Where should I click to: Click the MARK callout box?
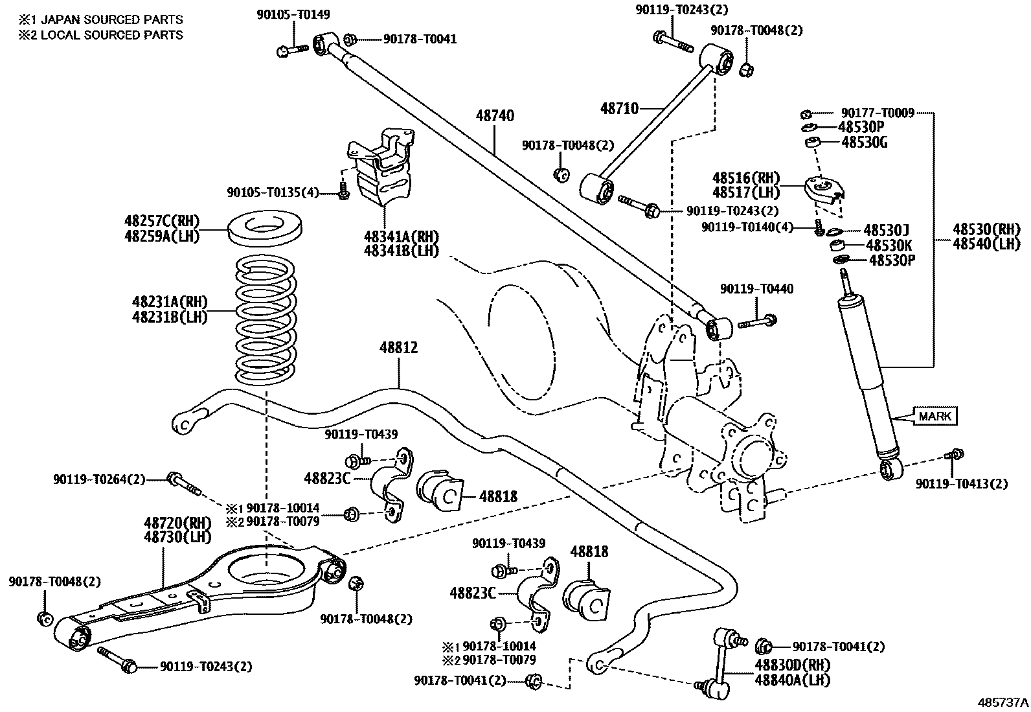(935, 416)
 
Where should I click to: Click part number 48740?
(495, 116)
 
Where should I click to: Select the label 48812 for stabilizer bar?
(398, 349)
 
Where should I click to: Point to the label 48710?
(619, 108)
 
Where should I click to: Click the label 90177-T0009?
(878, 113)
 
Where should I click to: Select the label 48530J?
(887, 230)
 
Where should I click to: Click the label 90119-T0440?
(756, 288)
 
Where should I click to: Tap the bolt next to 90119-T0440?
(758, 320)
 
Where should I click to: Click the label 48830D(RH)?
(791, 665)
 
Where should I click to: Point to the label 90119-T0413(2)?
(961, 483)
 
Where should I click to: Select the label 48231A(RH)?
(170, 302)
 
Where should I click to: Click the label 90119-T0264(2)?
(99, 480)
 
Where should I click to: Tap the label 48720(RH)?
(169, 523)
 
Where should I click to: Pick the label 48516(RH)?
(746, 178)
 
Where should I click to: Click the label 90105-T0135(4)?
(273, 192)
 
